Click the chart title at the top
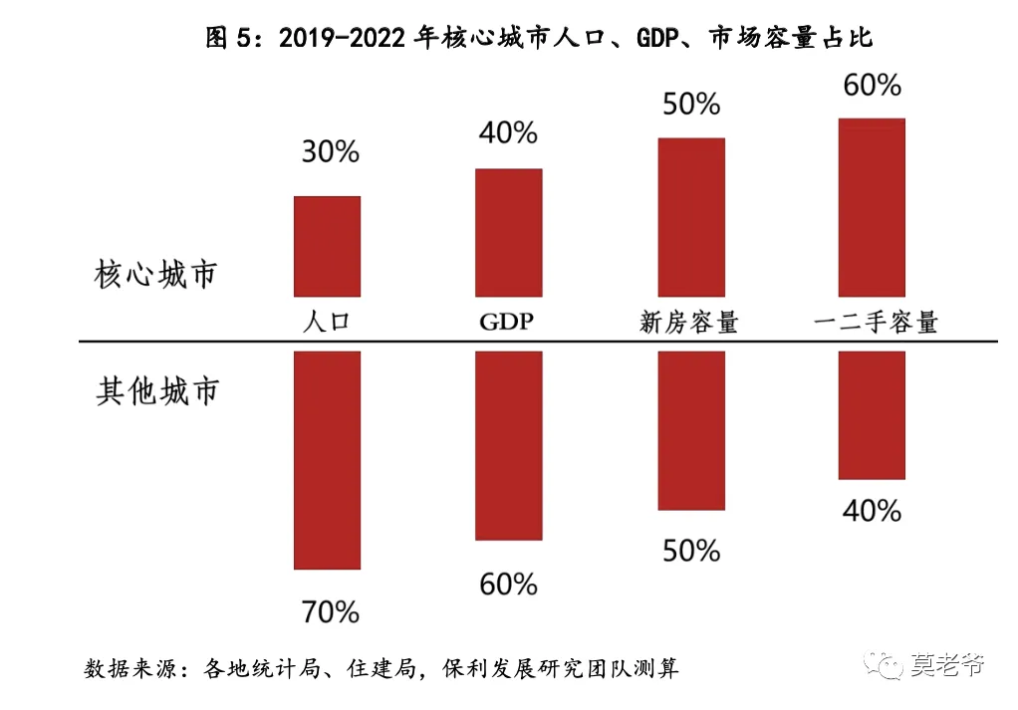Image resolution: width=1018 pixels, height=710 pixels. tap(539, 38)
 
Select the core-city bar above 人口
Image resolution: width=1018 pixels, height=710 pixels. tap(327, 247)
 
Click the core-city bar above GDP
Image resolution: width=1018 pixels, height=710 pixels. tap(508, 233)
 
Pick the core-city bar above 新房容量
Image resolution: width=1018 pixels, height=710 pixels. tap(691, 217)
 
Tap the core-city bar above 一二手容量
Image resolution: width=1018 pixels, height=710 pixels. tap(872, 208)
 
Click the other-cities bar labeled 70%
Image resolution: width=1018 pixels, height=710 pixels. tap(327, 461)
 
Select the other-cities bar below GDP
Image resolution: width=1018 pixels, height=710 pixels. tap(508, 446)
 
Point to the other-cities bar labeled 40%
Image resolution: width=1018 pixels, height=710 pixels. tap(872, 415)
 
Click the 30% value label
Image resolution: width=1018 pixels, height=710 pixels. tap(331, 152)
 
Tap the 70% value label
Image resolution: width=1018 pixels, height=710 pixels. tap(331, 612)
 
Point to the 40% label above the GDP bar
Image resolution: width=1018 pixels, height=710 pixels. tap(508, 133)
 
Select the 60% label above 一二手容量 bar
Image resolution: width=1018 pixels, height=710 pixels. tap(872, 85)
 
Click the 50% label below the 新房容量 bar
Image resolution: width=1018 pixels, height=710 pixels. tap(691, 551)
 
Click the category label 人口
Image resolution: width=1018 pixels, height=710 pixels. tap(327, 322)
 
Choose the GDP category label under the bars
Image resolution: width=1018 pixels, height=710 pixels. tap(506, 322)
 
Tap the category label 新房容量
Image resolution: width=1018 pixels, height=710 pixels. tap(689, 322)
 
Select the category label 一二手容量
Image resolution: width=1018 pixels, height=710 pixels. tap(876, 322)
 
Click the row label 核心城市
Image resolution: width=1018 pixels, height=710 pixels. tap(155, 274)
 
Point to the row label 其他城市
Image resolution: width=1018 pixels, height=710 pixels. tap(157, 391)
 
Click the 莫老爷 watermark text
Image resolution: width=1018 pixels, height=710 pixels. tap(947, 664)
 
